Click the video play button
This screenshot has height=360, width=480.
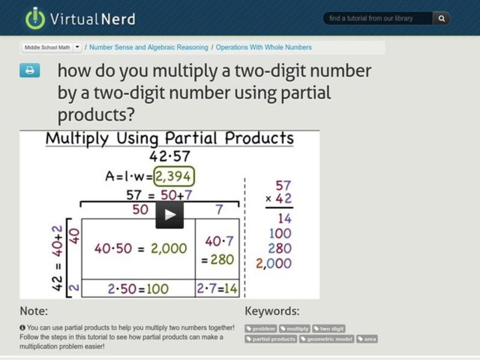[170, 214]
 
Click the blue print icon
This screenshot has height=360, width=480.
[29, 70]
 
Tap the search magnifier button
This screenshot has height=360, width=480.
[441, 19]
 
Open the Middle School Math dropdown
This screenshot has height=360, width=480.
[52, 47]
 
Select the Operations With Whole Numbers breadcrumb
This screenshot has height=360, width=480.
[263, 47]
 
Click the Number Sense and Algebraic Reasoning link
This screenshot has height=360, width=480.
[149, 47]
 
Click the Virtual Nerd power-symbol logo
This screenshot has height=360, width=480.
[35, 18]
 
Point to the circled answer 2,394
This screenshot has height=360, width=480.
[175, 177]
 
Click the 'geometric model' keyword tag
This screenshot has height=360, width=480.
[326, 339]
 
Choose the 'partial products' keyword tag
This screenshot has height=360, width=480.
[271, 339]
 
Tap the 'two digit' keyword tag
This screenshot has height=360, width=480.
[329, 329]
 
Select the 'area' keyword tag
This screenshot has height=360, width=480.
[367, 339]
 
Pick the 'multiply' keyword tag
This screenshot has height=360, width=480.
[295, 329]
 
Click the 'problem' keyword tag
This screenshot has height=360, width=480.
[261, 329]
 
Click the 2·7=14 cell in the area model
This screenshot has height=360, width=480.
[217, 289]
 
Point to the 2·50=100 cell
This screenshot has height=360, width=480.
[138, 289]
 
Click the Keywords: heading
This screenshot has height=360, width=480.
[272, 311]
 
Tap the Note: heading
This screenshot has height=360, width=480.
[34, 311]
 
